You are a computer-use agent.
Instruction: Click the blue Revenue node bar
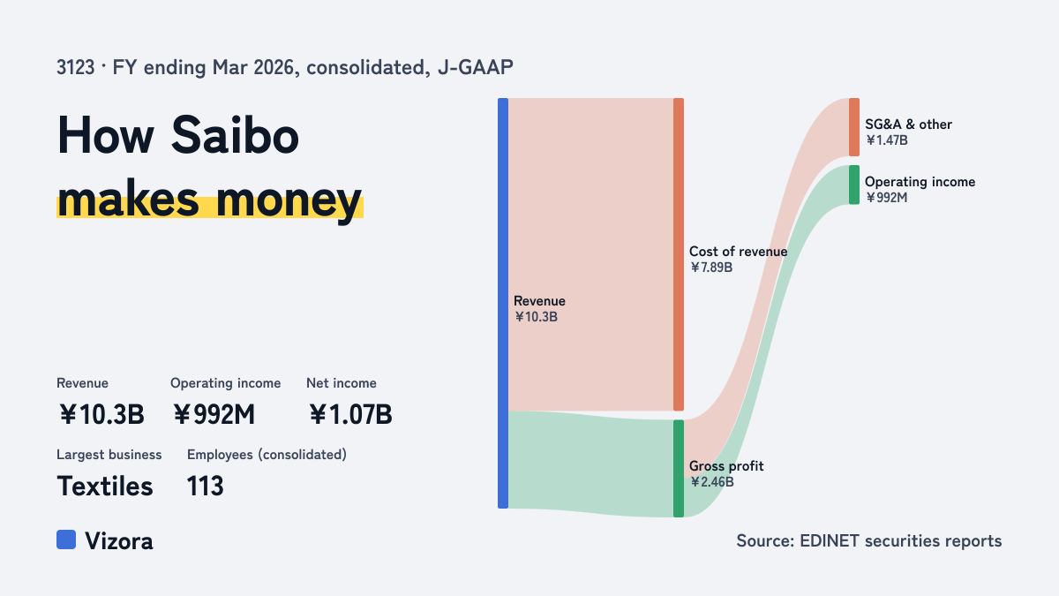pos(503,303)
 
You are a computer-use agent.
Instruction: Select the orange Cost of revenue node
pos(679,254)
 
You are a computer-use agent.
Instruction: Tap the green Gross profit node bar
pos(679,468)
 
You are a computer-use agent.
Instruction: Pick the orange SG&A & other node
pos(854,127)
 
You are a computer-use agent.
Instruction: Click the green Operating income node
pos(854,185)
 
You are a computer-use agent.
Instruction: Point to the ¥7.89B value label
pos(711,268)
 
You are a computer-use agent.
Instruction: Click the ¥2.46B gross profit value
pos(711,482)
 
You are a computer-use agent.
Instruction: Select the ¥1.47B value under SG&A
pos(886,140)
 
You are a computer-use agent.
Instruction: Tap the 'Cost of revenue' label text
pos(738,251)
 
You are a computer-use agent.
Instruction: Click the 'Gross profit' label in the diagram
pos(726,466)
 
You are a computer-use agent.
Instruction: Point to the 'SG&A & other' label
pos(908,124)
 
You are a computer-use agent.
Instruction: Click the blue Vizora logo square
pos(66,539)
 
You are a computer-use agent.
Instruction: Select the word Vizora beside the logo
pos(119,541)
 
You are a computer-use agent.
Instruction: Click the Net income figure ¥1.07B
pos(350,414)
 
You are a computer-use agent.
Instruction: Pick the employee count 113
pos(205,487)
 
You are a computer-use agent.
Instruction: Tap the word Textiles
pos(105,487)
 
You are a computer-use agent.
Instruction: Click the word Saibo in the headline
pos(235,136)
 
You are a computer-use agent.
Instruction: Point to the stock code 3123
pos(76,67)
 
